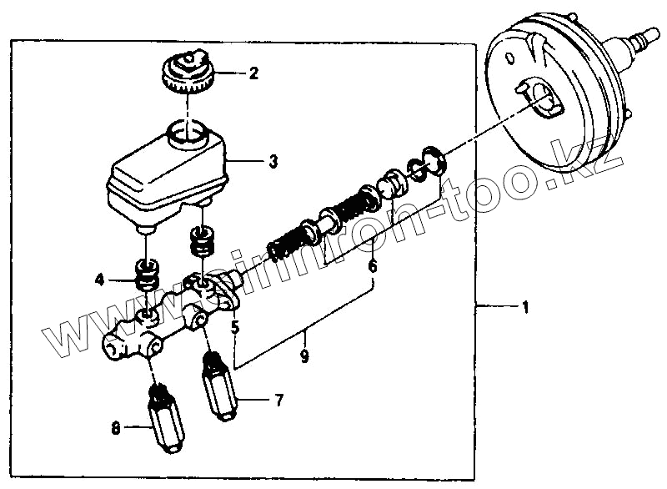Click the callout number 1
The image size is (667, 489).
pos(525,307)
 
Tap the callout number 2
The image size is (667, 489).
pos(253,73)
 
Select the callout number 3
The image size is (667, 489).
pos(273,162)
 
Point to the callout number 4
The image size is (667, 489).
pos(100,280)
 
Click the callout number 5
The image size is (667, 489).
pos(236,328)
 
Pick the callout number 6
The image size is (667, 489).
pos(372,267)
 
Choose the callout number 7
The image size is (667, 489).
pos(279,401)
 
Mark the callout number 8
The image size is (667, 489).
pos(116,429)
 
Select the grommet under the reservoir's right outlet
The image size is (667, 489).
pos(201,243)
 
